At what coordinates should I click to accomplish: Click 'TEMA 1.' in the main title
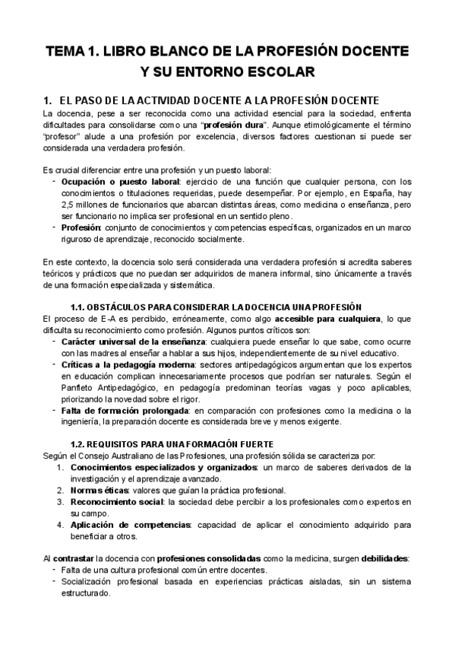74,52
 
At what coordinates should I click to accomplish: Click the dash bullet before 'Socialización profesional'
53,581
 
